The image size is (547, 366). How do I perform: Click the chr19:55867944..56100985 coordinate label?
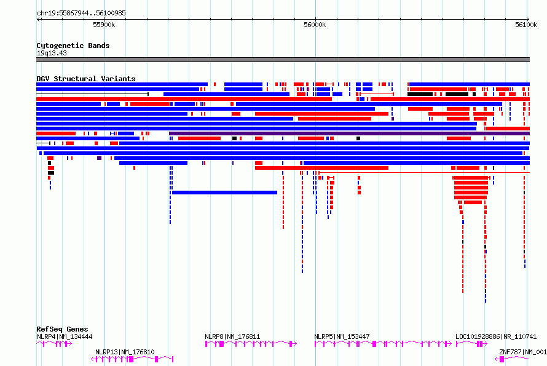pos(81,14)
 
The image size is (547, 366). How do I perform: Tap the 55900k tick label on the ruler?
pos(104,25)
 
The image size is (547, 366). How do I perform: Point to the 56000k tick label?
pos(315,25)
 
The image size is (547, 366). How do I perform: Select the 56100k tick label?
pos(526,25)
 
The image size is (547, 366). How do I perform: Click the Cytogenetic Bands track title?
pos(73,46)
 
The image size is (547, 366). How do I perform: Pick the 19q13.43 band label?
pos(52,53)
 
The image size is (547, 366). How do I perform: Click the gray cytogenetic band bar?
pos(283,60)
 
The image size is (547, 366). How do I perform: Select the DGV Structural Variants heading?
pos(86,79)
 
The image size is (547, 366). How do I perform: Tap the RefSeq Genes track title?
pos(62,329)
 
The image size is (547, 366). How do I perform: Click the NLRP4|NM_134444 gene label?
pos(65,336)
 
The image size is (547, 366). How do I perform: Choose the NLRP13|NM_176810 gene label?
pos(125,352)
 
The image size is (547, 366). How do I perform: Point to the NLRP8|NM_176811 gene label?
pos(232,336)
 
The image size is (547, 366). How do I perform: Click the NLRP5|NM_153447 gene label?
pos(342,336)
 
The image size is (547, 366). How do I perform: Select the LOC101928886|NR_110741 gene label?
pos(496,336)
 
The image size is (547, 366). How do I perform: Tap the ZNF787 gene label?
pos(523,352)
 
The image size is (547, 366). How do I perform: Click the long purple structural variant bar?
pos(349,133)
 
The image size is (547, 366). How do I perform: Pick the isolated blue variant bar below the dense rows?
pos(225,193)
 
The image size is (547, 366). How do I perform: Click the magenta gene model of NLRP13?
pos(132,359)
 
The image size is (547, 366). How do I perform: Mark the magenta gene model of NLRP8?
pos(251,344)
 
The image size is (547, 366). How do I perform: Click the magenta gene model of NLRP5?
pos(383,344)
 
